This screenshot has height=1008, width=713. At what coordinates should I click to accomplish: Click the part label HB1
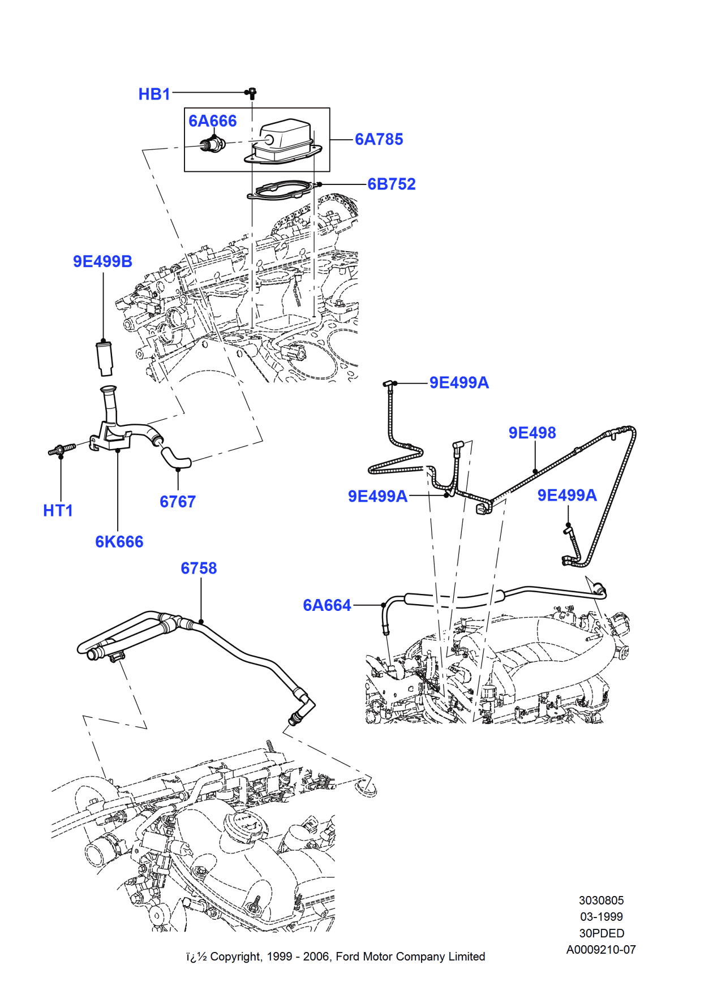coord(154,94)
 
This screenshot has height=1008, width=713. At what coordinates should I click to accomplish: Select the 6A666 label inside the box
coord(212,121)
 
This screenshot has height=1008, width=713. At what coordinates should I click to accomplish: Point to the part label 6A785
coord(379,139)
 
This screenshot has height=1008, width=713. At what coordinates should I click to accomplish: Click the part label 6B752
coord(391,184)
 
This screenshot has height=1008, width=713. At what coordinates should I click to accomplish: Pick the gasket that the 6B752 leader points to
coord(280,190)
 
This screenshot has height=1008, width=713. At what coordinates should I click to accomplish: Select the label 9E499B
coord(102,261)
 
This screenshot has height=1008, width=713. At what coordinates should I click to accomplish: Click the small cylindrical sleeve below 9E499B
coord(105,358)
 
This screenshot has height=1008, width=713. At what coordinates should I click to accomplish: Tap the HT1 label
coord(58,511)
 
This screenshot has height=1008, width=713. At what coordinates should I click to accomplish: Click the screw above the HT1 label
coord(61,450)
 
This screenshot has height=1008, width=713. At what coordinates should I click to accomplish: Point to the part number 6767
coord(177,502)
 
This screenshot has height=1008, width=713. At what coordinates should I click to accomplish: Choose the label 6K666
coord(119,542)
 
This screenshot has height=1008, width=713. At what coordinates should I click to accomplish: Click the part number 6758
coord(199,568)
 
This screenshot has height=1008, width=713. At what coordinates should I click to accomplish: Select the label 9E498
coord(532,433)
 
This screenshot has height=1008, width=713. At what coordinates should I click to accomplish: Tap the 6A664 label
coord(327,605)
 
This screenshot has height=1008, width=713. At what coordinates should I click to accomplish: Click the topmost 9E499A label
coord(459,383)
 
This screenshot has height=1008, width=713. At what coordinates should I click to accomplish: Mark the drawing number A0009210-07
coord(601,950)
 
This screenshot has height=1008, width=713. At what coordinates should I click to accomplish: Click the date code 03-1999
coord(601,917)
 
